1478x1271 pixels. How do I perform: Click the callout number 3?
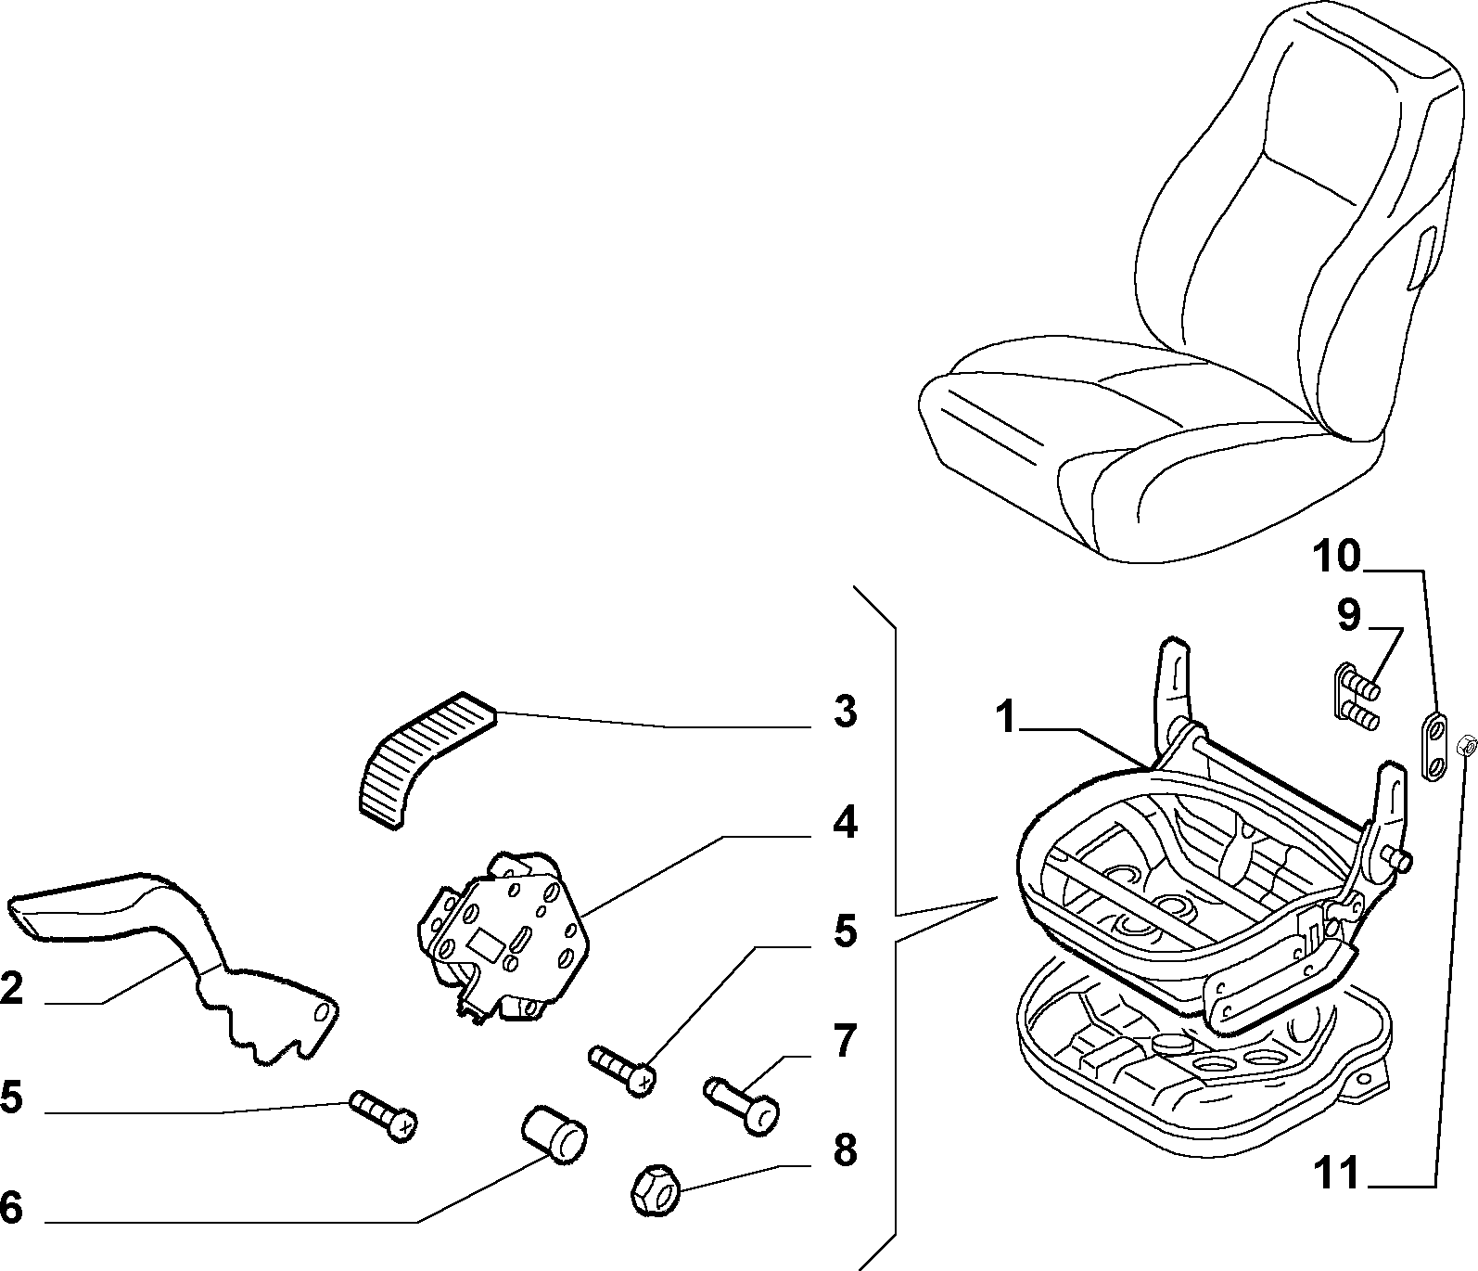pyautogui.click(x=844, y=712)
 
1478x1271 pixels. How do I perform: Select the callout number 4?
pyautogui.click(x=844, y=823)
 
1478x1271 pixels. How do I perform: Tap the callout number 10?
pyautogui.click(x=1335, y=557)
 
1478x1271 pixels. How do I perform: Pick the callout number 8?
pyautogui.click(x=844, y=1151)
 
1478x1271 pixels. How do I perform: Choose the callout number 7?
pyautogui.click(x=844, y=1041)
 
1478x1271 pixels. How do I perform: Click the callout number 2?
pyautogui.click(x=11, y=989)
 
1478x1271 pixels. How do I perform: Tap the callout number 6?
pyautogui.click(x=10, y=1207)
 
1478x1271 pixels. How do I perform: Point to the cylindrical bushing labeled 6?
pyautogui.click(x=554, y=1133)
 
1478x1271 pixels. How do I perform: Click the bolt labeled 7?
pyautogui.click(x=742, y=1102)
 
